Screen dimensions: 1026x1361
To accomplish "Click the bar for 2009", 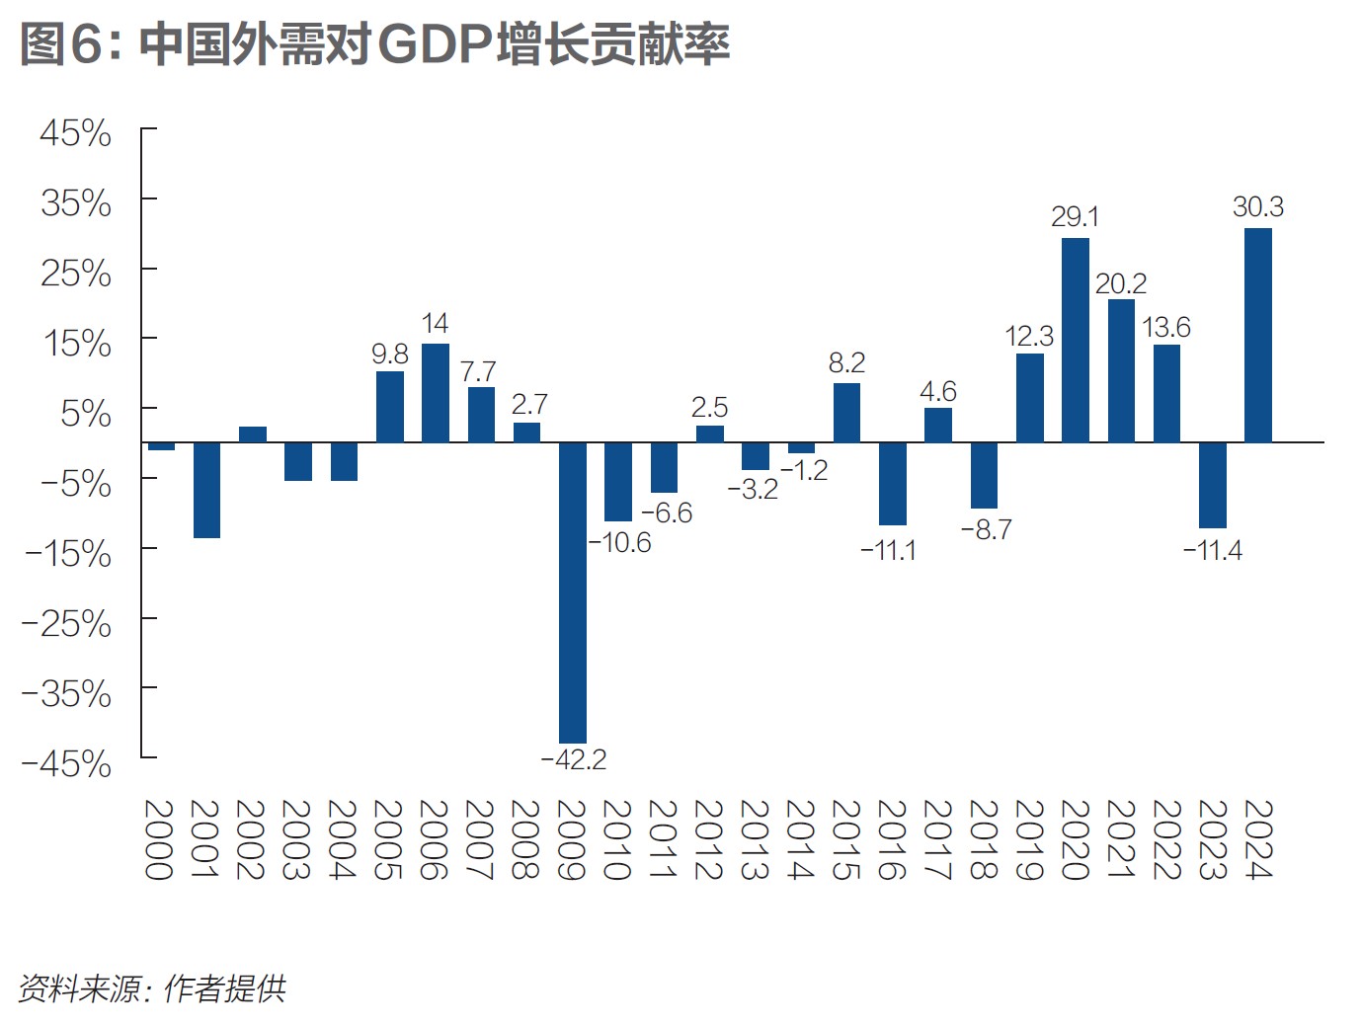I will (573, 592).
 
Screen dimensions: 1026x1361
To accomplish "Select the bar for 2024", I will (1258, 335).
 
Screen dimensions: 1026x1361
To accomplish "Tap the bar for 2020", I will (1076, 340).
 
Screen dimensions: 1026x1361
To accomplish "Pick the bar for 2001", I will (206, 490).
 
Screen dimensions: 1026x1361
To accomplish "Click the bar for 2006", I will (436, 392).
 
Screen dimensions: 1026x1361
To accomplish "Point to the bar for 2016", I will (893, 483).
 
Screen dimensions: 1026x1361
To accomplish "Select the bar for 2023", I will (1213, 485).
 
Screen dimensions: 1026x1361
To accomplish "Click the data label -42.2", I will (574, 759).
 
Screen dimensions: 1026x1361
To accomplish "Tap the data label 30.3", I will (1258, 207).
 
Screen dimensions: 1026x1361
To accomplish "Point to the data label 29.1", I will (1076, 217).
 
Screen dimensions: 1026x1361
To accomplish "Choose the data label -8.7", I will (987, 530).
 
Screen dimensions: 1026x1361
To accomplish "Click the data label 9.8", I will (390, 355).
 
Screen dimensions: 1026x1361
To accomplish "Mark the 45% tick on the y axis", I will (76, 133).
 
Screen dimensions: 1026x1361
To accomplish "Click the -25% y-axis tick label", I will (67, 624).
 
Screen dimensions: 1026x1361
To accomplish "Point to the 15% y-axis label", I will (76, 344).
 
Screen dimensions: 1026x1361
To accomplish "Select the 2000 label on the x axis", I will (159, 839).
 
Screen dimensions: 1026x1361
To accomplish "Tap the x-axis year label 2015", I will (845, 839).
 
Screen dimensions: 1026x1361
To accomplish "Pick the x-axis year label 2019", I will (1028, 839).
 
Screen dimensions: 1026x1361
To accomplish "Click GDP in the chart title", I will (435, 44).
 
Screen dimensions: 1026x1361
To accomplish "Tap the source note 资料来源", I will (80, 987).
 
